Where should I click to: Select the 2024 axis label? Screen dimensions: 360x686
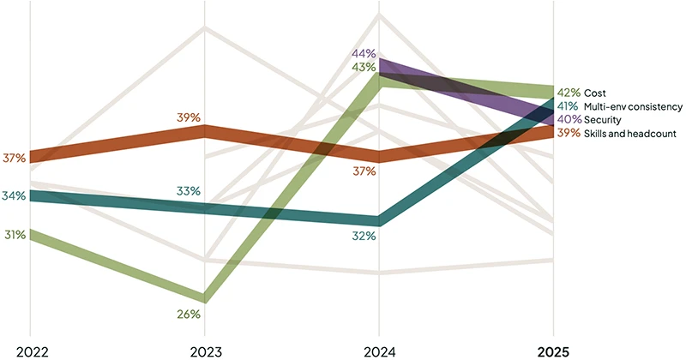pos(379,350)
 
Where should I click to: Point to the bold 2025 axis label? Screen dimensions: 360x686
pos(552,350)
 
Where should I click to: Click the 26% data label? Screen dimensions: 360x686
pos(189,314)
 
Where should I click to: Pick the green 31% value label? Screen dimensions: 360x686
pos(15,234)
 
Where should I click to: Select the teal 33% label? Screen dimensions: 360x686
pos(189,190)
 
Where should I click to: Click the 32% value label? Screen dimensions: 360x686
pos(364,234)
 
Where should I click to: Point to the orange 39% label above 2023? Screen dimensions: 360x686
pos(189,117)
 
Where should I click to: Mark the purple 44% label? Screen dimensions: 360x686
pos(364,54)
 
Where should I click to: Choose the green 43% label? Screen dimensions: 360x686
pos(364,67)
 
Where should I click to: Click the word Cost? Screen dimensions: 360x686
pos(595,93)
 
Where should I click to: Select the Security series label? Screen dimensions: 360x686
pos(605,119)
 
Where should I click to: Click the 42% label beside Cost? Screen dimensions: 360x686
pos(569,93)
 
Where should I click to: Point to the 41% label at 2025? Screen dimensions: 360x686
pos(569,106)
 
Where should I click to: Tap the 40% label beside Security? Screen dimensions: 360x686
pos(569,119)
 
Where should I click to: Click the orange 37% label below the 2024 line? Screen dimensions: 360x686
pos(364,171)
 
